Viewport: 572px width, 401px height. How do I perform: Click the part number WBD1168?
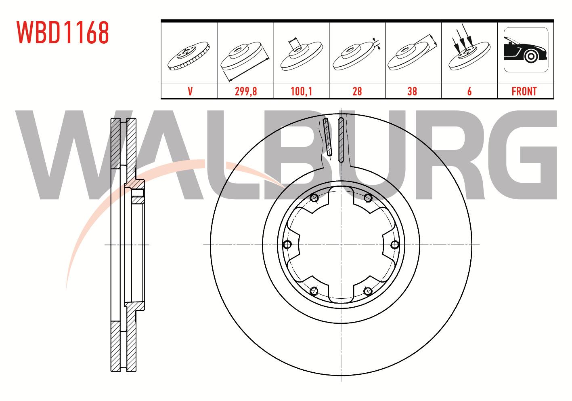point(63,32)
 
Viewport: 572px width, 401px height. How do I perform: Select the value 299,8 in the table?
point(246,91)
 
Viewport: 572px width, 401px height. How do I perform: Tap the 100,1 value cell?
point(301,91)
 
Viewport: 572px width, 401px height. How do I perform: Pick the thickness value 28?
point(357,91)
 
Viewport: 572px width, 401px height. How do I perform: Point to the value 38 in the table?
point(412,91)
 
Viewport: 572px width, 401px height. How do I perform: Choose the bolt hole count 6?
point(469,91)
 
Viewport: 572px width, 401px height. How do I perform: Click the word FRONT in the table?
point(524,91)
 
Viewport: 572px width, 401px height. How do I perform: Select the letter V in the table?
point(190,91)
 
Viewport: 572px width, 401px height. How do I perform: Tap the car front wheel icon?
point(526,50)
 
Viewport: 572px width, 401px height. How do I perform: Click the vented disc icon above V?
point(189,56)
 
